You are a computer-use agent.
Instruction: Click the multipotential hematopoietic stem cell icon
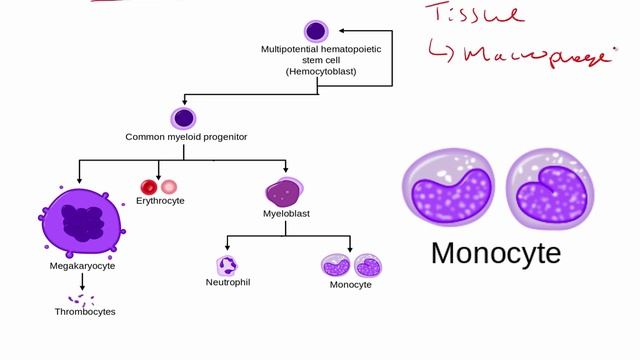coord(316,31)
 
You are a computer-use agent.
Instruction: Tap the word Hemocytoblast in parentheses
coord(320,72)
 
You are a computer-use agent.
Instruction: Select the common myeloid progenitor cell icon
coord(182,118)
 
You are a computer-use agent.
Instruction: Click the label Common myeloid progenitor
coord(186,137)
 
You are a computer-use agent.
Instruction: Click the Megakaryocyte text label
coord(83,267)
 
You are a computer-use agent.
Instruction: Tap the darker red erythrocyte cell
coord(149,186)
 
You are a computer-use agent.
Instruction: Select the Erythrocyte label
coord(160,201)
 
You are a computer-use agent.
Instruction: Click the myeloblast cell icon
coord(284,191)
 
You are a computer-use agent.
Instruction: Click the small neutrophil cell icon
coord(227,266)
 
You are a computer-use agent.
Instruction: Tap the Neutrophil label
coord(227,283)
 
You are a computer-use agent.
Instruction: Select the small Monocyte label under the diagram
coord(350,284)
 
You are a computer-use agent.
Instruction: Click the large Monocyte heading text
coord(495,253)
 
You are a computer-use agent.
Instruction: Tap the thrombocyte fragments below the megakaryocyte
coord(80,299)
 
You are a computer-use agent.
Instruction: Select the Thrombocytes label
coord(85,312)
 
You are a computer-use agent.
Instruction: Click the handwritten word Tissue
coord(474,15)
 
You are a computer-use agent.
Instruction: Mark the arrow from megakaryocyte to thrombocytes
coord(82,282)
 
